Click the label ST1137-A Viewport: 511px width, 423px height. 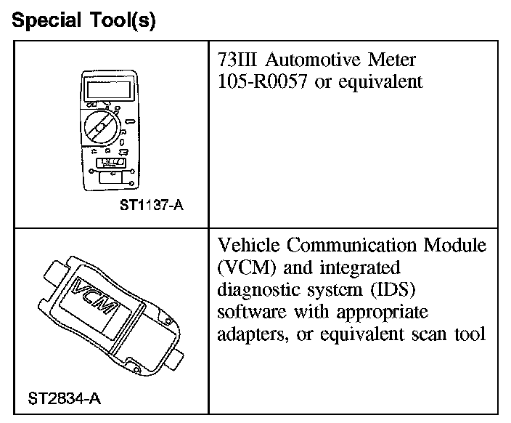(151, 205)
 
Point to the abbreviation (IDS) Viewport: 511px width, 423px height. (394, 291)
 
